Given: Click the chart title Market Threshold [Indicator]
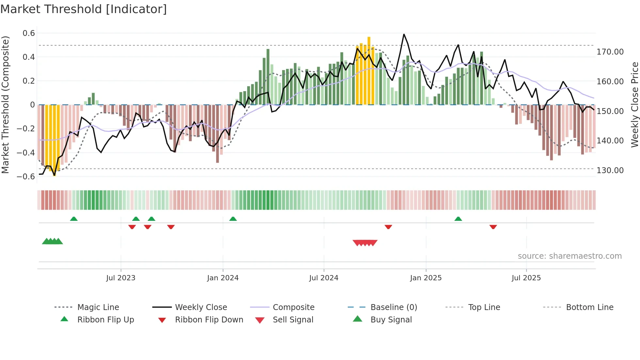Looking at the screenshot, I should pyautogui.click(x=84, y=9).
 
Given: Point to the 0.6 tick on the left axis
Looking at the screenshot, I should pyautogui.click(x=29, y=33).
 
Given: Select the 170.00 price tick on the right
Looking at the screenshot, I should pyautogui.click(x=610, y=52).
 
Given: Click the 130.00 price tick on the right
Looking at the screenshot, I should pyautogui.click(x=610, y=170).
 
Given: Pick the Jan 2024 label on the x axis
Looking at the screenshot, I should pyautogui.click(x=223, y=278).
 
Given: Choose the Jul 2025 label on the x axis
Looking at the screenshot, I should pyautogui.click(x=526, y=278).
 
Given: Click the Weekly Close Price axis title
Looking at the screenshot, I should pyautogui.click(x=634, y=105).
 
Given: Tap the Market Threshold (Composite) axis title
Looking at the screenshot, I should pyautogui.click(x=5, y=105).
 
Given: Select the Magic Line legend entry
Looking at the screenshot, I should pyautogui.click(x=98, y=307).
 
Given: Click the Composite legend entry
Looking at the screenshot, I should pyautogui.click(x=293, y=307).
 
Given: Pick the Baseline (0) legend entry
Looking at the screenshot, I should pyautogui.click(x=393, y=307).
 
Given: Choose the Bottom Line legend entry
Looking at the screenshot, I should pyautogui.click(x=589, y=307).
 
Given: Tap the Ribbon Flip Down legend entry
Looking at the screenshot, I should pyautogui.click(x=209, y=320).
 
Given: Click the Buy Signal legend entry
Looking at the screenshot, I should pyautogui.click(x=391, y=320).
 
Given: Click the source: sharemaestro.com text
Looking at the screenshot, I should pyautogui.click(x=569, y=256).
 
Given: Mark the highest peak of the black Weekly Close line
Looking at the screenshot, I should pyautogui.click(x=404, y=34).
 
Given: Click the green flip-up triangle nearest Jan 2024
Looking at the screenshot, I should pyautogui.click(x=233, y=219).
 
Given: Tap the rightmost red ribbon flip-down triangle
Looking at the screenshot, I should pyautogui.click(x=493, y=227).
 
